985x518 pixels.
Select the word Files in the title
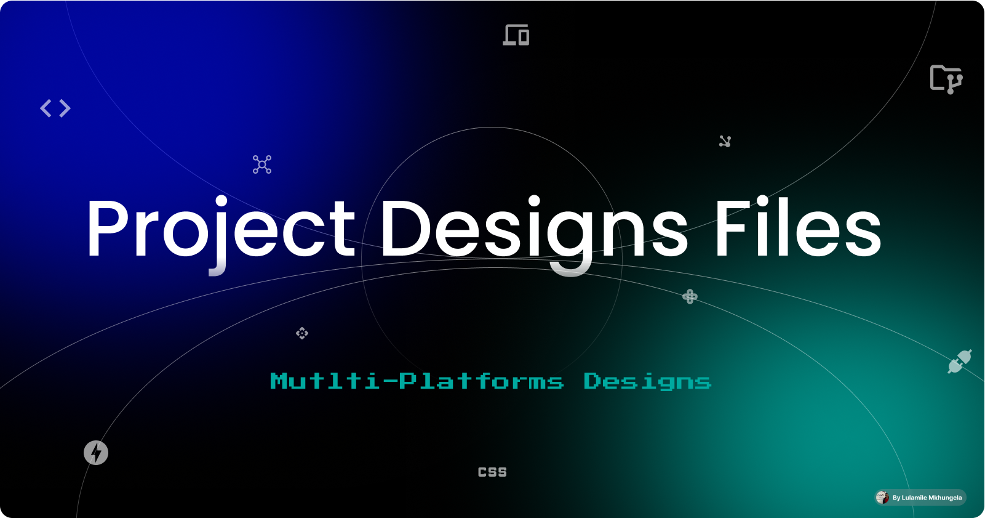pos(797,228)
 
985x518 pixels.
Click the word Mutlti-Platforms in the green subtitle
pos(417,381)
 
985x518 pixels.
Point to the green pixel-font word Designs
pos(647,382)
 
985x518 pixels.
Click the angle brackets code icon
pos(55,108)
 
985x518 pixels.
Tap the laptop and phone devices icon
pos(516,35)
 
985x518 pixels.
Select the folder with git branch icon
pos(946,79)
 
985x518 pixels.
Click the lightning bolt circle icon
pos(96,453)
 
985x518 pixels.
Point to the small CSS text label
pos(492,472)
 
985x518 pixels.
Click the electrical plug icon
pos(959,362)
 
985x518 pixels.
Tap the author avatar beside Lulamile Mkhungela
pos(882,498)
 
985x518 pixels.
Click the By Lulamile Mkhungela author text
pos(927,498)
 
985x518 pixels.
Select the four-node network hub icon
pos(262,164)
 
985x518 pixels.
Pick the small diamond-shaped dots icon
pos(302,333)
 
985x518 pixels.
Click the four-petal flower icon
pos(690,297)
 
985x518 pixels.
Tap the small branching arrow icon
pos(725,142)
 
